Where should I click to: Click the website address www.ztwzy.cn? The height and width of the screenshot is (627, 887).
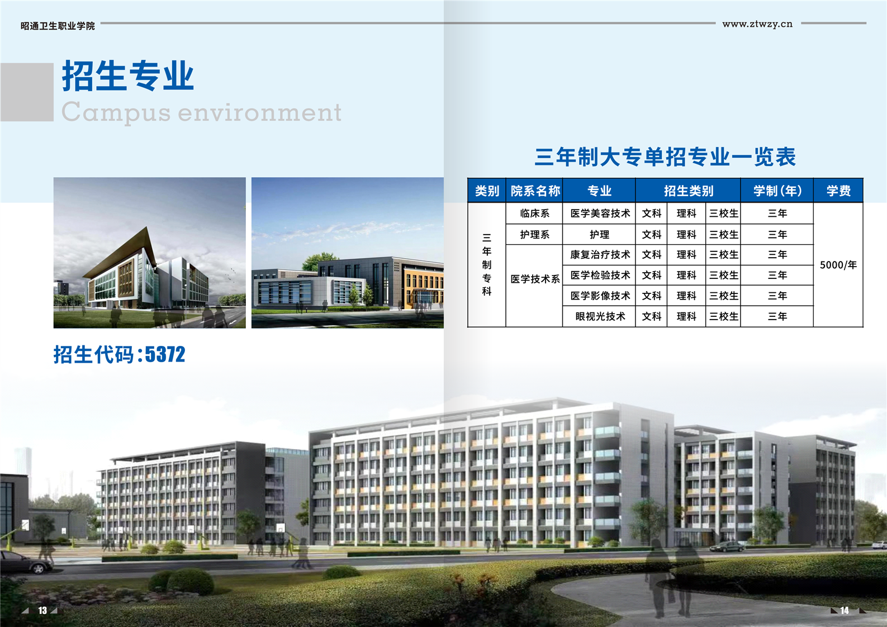[x=757, y=24]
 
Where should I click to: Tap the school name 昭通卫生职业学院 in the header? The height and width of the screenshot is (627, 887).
[x=58, y=26]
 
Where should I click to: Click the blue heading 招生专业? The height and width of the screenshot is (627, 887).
[x=127, y=76]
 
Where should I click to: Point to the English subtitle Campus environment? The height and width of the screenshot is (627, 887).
[x=201, y=112]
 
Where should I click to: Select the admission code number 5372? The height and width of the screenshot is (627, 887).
[x=165, y=354]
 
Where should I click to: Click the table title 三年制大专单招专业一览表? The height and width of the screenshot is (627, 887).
[x=665, y=156]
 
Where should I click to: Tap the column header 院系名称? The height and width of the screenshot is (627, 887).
[x=535, y=191]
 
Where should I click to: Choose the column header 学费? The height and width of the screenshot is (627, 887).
[x=838, y=191]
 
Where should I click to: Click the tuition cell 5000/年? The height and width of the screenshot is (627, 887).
[x=838, y=265]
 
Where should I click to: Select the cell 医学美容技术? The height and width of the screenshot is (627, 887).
[x=600, y=213]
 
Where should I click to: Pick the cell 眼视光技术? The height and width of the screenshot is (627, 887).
[x=600, y=316]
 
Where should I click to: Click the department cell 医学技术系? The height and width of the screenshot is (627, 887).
[x=535, y=279]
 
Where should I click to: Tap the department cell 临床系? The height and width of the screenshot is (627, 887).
[x=535, y=213]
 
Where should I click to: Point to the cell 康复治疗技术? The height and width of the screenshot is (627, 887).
[x=600, y=254]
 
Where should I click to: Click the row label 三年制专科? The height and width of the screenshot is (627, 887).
[x=487, y=264]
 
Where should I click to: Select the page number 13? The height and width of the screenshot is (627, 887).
[x=43, y=610]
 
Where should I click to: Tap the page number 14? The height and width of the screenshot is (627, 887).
[x=845, y=610]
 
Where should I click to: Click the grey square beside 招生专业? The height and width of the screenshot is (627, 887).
[x=27, y=92]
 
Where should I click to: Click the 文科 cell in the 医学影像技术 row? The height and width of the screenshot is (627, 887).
[x=651, y=296]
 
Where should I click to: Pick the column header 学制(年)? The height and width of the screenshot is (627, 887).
[x=777, y=191]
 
